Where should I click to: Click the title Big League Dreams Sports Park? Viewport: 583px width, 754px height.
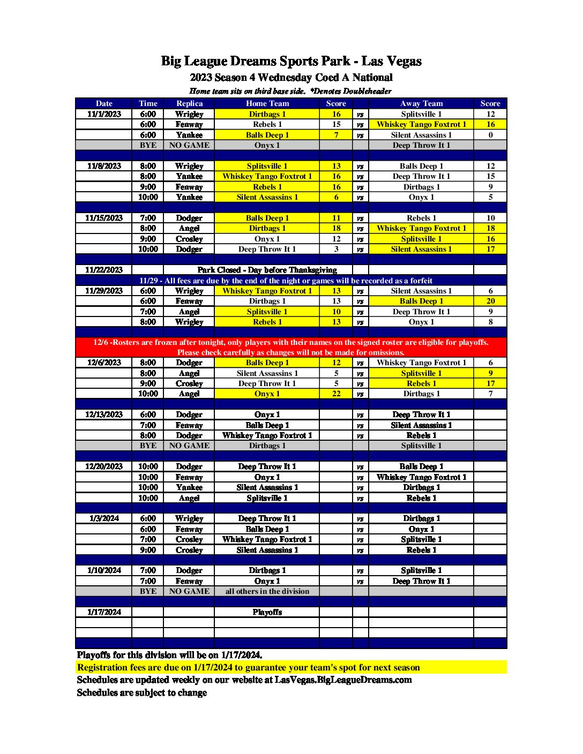click(x=291, y=61)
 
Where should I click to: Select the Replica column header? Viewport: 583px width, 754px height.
click(x=189, y=103)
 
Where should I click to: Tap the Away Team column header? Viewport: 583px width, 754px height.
click(x=421, y=103)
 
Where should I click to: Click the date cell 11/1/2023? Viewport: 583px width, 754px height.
click(x=104, y=114)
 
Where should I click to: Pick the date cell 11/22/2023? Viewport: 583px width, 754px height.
click(x=104, y=270)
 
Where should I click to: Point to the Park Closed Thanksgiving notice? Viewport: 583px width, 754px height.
click(x=267, y=270)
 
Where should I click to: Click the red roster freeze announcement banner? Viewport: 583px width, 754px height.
click(x=291, y=347)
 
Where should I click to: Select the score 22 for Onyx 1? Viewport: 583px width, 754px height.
click(x=336, y=394)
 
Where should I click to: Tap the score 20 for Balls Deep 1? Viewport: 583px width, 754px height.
click(x=490, y=301)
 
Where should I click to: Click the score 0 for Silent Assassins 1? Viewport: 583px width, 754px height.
click(x=490, y=135)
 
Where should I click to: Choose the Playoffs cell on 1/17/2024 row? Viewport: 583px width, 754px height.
click(x=267, y=612)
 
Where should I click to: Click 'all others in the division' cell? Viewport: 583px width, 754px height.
click(x=267, y=591)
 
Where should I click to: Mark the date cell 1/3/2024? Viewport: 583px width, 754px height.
click(x=104, y=518)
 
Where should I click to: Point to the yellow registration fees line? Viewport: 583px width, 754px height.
click(x=249, y=667)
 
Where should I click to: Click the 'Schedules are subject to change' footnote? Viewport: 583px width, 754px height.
click(x=142, y=692)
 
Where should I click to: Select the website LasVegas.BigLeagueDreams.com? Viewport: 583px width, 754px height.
click(x=343, y=680)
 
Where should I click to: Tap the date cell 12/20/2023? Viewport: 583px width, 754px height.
click(x=104, y=466)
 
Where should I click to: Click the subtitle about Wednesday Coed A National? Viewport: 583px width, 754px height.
click(x=291, y=77)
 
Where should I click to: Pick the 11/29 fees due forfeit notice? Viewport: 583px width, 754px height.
click(x=286, y=281)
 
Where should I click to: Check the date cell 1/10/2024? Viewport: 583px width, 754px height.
click(x=104, y=570)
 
